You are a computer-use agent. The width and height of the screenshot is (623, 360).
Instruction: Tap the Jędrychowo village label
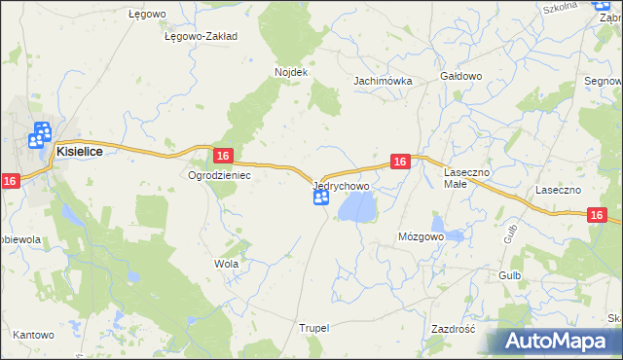coord(341,185)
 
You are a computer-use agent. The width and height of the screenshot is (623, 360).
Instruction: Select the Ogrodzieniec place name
coord(219,176)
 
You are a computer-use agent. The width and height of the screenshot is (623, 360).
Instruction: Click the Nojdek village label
coord(291,73)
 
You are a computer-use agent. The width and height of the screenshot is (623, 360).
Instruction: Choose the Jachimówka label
coord(383,82)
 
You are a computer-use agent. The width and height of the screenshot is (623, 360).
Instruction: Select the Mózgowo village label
coord(421,236)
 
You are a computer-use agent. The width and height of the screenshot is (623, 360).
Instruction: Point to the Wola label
coord(226,264)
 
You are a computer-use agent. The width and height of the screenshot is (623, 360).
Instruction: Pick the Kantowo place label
coord(33,335)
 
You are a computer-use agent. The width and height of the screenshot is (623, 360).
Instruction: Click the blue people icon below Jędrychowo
coord(320,198)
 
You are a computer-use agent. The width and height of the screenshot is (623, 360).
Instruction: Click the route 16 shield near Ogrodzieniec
coord(223,156)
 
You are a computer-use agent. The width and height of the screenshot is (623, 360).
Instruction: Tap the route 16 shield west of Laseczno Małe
coord(399,162)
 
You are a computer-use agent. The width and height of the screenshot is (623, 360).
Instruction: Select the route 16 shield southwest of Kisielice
coord(10,180)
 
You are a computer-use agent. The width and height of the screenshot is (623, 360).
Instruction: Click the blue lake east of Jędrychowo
coord(356,206)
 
